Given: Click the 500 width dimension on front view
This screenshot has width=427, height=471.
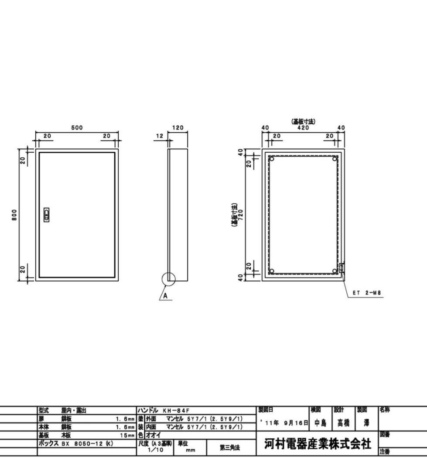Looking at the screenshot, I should coord(77,128).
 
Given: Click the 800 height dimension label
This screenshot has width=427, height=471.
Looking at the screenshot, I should coord(15,215).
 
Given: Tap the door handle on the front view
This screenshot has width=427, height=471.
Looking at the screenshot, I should coord(47,215).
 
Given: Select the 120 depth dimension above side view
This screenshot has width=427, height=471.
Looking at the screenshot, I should coord(178,128).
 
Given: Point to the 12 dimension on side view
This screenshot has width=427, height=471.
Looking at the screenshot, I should coord(160,136).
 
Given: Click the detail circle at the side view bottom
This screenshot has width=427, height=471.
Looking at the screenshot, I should coord(168,279).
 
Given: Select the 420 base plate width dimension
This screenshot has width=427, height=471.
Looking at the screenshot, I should coord(303,128).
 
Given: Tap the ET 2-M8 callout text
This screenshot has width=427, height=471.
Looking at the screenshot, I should coord(367,293).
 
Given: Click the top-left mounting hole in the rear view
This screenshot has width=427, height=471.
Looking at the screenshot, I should coord(272,159).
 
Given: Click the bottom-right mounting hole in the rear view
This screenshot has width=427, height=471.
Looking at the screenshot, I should coord(335,271).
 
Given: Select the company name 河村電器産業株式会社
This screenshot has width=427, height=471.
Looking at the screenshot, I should coord(318,444).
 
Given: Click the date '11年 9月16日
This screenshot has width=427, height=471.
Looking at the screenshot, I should coord(283,423).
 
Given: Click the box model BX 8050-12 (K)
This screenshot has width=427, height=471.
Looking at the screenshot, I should coord(76,443).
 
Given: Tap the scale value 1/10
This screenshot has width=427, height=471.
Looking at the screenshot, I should coord(156,450).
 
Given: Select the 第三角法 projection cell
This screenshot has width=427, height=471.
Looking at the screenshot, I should coord(230,447).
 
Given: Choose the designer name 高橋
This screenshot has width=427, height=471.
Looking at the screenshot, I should coord(343,423).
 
